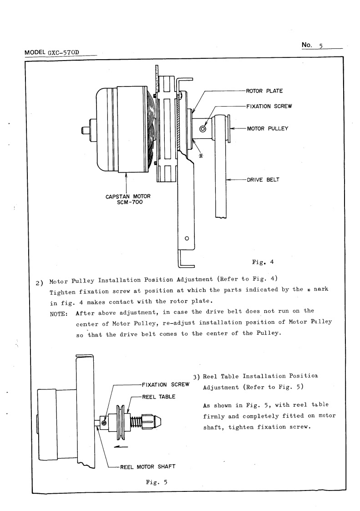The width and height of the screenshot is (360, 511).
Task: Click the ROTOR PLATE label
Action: tap(264, 91)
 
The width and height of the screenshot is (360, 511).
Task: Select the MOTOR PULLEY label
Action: tap(268, 128)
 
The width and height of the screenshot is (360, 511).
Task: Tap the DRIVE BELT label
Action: tap(263, 179)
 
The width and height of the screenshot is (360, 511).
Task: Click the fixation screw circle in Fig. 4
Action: tap(203, 128)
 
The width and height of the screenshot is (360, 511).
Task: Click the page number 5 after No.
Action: tap(321, 46)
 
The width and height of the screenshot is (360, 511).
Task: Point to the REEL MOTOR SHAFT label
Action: tap(148, 466)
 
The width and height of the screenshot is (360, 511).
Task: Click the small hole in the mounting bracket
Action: tap(187, 238)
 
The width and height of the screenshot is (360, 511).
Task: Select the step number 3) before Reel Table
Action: tap(197, 377)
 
